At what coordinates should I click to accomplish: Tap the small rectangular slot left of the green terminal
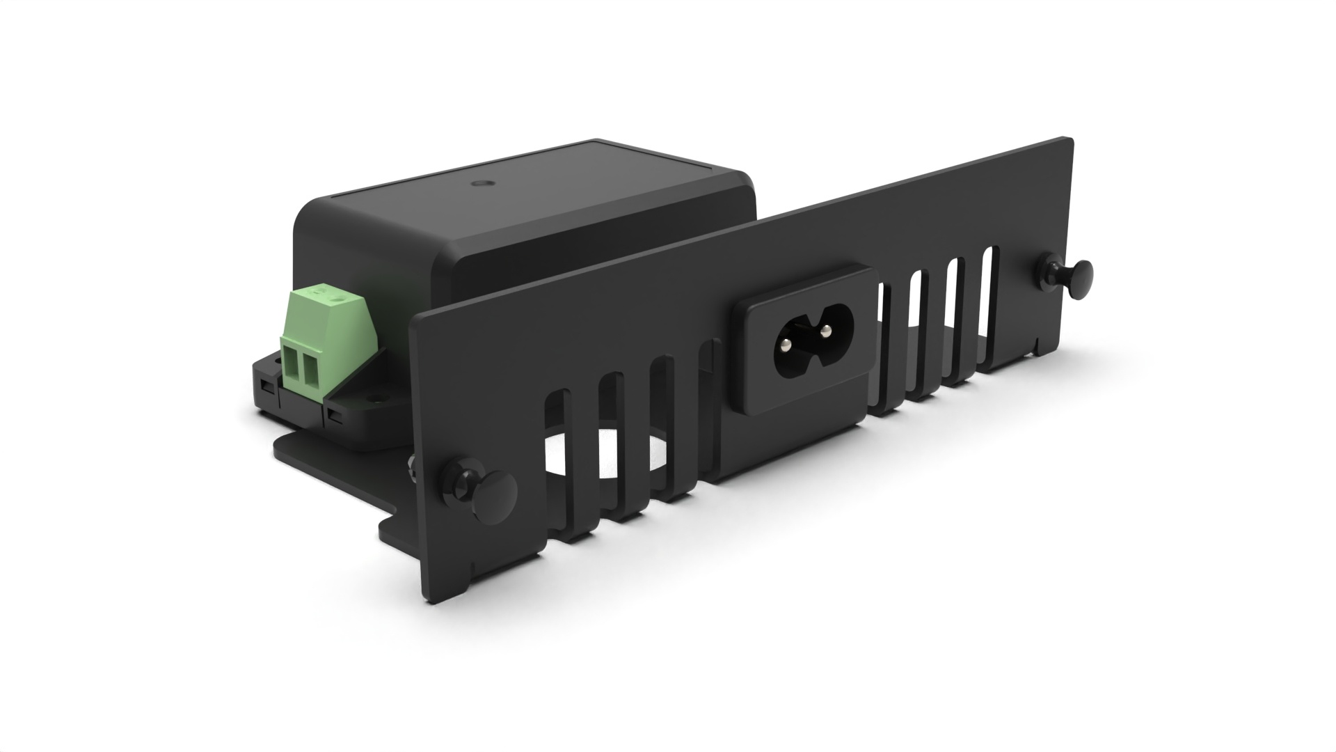click(265, 384)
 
